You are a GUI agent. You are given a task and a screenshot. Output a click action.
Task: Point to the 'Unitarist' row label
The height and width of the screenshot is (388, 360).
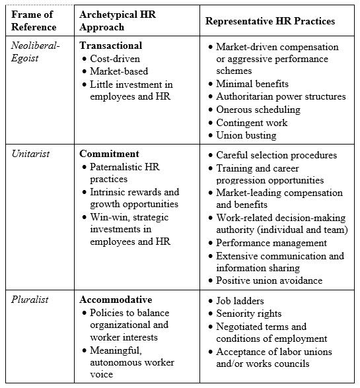point(31,154)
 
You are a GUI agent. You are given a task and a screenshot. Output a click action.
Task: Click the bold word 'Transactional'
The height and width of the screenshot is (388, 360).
point(110,46)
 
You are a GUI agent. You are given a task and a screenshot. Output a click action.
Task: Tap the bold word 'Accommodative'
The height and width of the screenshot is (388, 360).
point(116,300)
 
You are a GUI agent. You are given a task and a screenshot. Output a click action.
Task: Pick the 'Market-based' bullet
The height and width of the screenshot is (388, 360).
point(120,71)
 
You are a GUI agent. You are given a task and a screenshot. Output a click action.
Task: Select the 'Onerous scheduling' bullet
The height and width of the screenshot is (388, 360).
point(258,110)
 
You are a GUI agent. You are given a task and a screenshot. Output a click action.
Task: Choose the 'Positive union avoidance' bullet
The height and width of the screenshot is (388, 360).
point(269,280)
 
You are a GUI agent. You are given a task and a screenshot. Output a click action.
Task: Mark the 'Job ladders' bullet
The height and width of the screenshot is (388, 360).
point(242,300)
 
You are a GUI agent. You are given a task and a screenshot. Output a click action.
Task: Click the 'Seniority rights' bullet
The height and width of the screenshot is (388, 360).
point(249,313)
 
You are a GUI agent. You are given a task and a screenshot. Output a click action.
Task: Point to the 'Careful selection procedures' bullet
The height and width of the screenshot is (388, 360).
point(276,155)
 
